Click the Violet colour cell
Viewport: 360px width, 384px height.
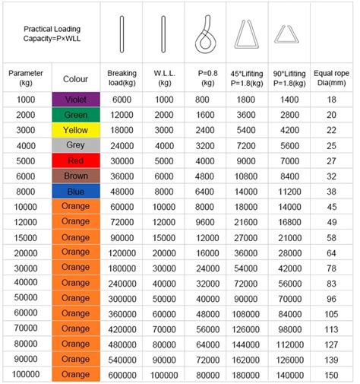75,100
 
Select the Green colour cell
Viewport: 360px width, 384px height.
75,115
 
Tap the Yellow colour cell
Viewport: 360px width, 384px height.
75,130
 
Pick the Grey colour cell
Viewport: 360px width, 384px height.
75,145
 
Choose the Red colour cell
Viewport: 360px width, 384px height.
75,160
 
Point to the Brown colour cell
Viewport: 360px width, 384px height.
75,176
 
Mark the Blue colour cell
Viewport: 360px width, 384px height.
75,192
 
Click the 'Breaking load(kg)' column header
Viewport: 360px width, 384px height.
122,78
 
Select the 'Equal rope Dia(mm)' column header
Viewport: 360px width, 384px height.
331,78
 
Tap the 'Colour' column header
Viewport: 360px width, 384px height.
75,78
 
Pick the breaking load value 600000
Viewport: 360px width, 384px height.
122,374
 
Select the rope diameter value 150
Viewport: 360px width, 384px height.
331,374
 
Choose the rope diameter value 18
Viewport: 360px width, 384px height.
331,100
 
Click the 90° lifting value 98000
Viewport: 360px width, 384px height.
289,328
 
